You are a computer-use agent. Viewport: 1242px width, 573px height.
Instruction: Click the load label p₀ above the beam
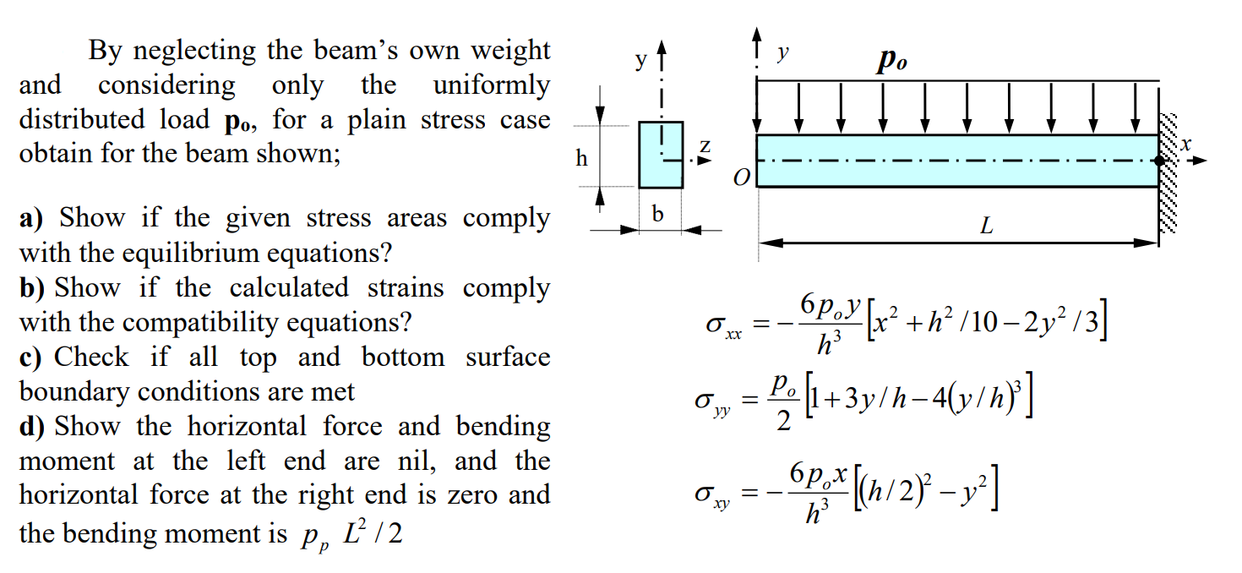coord(891,62)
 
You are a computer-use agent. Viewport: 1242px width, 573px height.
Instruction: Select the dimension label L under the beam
coord(985,226)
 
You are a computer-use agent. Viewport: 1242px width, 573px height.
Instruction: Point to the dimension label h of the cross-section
coord(581,158)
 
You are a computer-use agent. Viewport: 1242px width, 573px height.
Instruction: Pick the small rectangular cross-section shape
coord(660,155)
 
